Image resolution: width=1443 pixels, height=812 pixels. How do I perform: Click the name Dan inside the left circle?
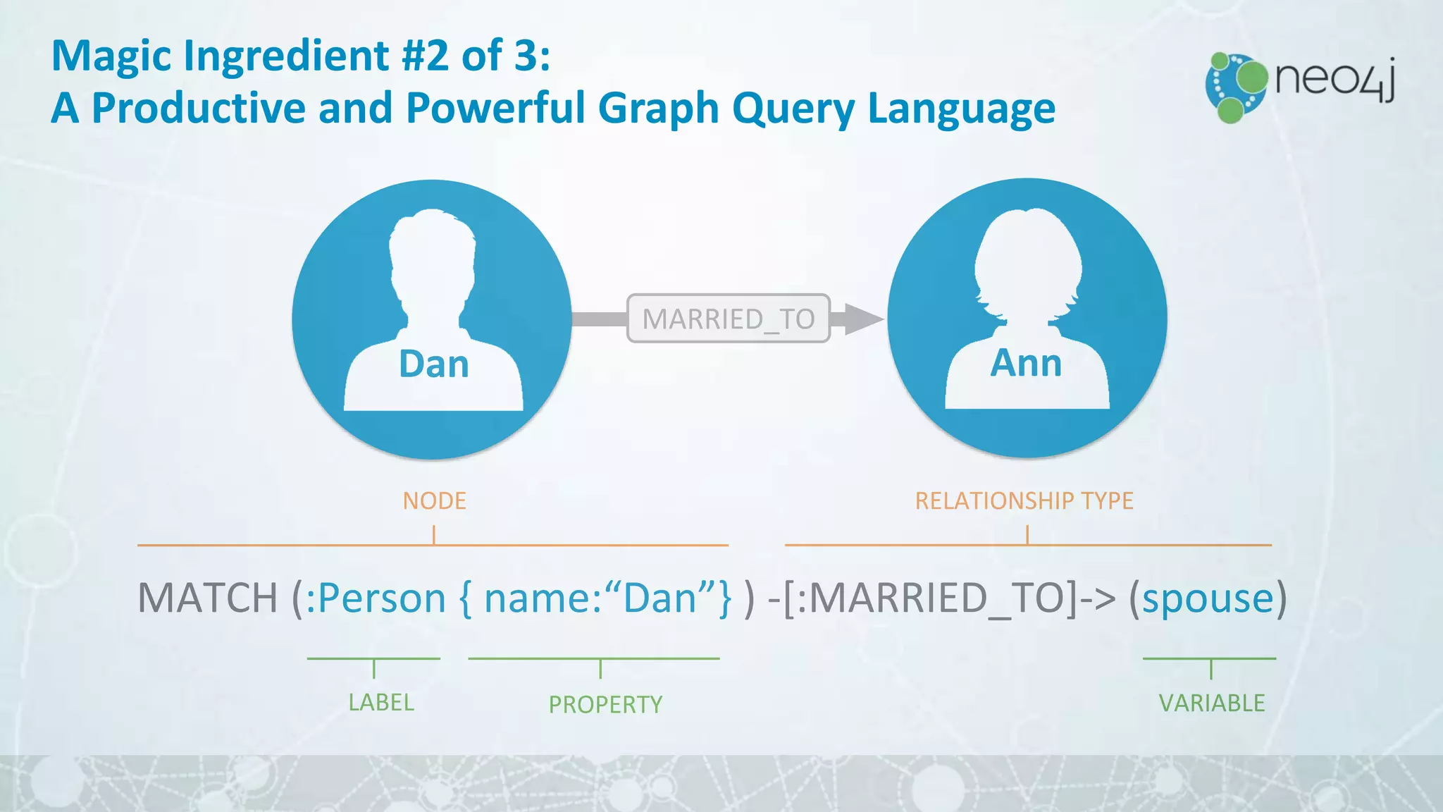433,364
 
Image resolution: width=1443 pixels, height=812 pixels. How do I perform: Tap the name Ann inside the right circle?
1026,364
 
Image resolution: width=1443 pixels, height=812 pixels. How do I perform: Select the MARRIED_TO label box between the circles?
729,319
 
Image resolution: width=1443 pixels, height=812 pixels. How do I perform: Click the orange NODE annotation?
434,501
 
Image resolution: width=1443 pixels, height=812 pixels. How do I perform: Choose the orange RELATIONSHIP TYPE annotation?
1024,501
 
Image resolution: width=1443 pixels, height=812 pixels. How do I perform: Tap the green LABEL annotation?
381,703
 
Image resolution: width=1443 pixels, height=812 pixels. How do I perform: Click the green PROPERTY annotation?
605,704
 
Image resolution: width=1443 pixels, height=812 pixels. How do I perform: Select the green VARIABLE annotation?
1212,703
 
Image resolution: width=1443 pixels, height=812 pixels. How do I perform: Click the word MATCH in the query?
208,598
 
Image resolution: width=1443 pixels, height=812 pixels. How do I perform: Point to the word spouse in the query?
1208,598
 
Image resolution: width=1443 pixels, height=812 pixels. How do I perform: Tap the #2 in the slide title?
425,56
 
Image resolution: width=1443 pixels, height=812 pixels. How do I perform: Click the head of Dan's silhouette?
432,254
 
